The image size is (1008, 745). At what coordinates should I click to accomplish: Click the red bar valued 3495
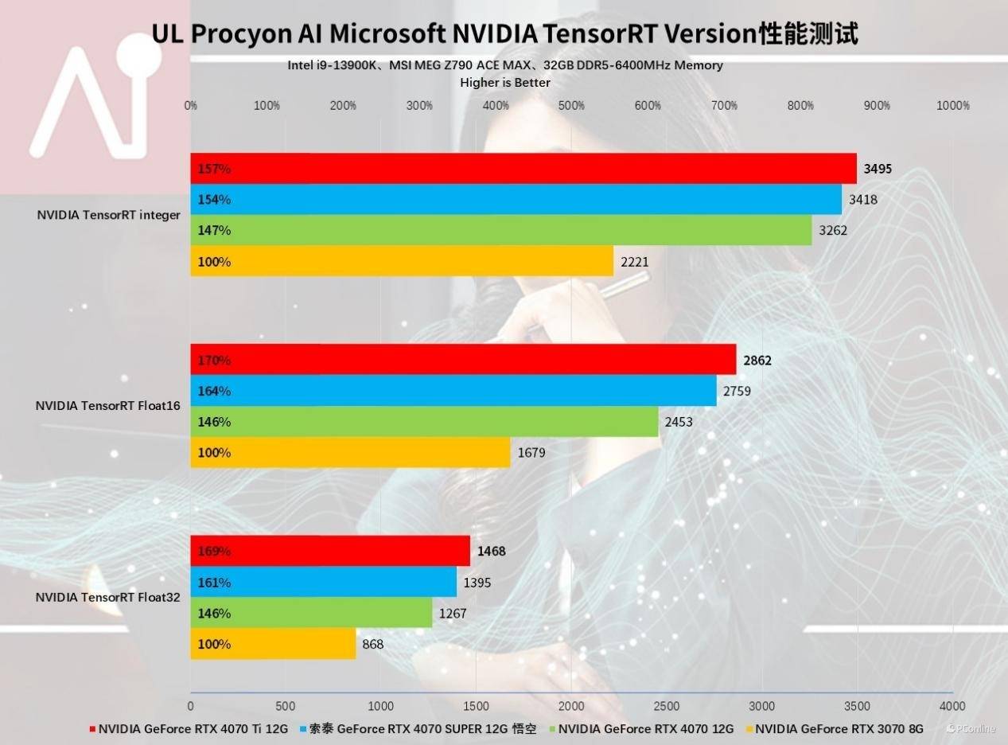click(x=523, y=169)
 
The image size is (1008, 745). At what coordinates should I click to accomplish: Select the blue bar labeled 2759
click(x=453, y=391)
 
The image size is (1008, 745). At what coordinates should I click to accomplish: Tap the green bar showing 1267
click(x=311, y=614)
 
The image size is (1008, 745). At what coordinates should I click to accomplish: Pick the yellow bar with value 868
click(x=273, y=644)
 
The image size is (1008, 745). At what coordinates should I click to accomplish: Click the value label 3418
click(x=862, y=200)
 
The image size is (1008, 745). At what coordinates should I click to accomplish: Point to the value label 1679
click(x=531, y=453)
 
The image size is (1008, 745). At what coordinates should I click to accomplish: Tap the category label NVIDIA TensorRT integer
click(x=108, y=215)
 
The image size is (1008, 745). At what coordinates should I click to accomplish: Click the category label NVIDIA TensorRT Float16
click(x=108, y=406)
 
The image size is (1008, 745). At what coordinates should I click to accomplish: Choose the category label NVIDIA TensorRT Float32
click(x=108, y=597)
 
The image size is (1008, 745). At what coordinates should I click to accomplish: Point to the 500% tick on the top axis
click(x=571, y=106)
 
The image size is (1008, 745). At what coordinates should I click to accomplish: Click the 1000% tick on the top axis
click(x=953, y=106)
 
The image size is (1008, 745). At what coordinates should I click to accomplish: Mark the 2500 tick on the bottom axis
click(x=667, y=706)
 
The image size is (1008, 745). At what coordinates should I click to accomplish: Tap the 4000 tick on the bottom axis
click(x=952, y=706)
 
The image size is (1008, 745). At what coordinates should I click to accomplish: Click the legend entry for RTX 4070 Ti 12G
click(x=192, y=727)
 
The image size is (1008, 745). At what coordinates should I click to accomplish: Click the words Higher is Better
click(x=505, y=82)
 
